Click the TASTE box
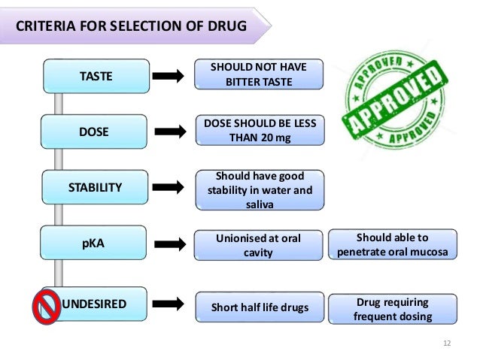pyautogui.click(x=94, y=75)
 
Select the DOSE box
pyautogui.click(x=94, y=132)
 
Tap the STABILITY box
pyautogui.click(x=94, y=187)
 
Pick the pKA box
pyautogui.click(x=94, y=244)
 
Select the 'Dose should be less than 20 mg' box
pyautogui.click(x=260, y=130)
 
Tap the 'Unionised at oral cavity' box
pyautogui.click(x=258, y=245)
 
